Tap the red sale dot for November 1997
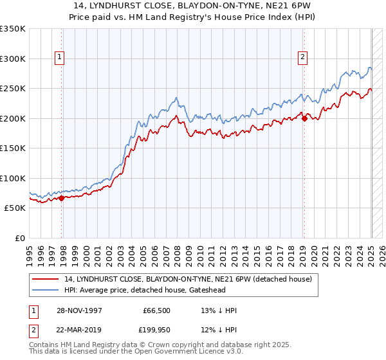(62, 198)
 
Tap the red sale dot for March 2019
(304, 118)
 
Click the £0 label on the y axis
(20, 238)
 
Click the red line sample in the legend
(45, 279)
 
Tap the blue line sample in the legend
(45, 290)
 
